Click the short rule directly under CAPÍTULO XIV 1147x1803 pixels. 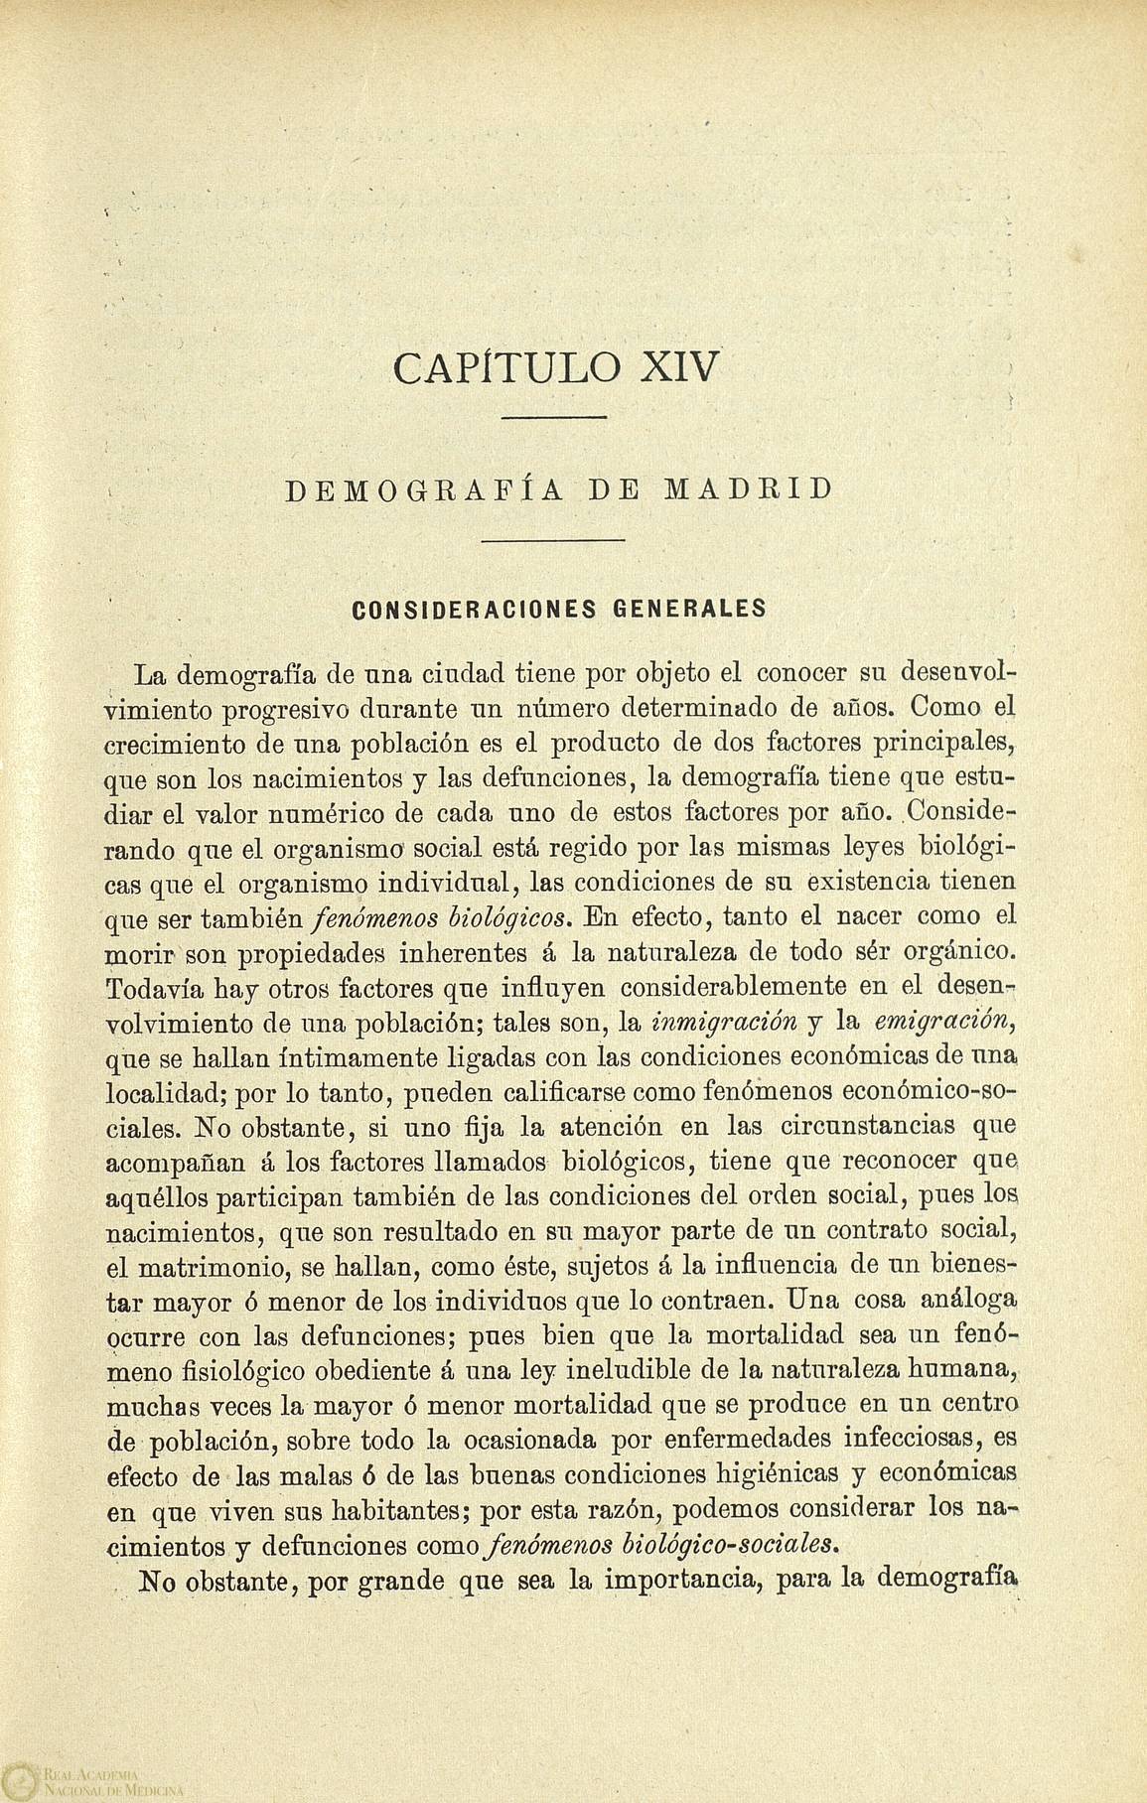click(x=554, y=418)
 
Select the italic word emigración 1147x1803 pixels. click(x=936, y=1022)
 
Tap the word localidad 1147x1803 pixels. click(x=167, y=1092)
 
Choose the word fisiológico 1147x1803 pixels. click(x=244, y=1370)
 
